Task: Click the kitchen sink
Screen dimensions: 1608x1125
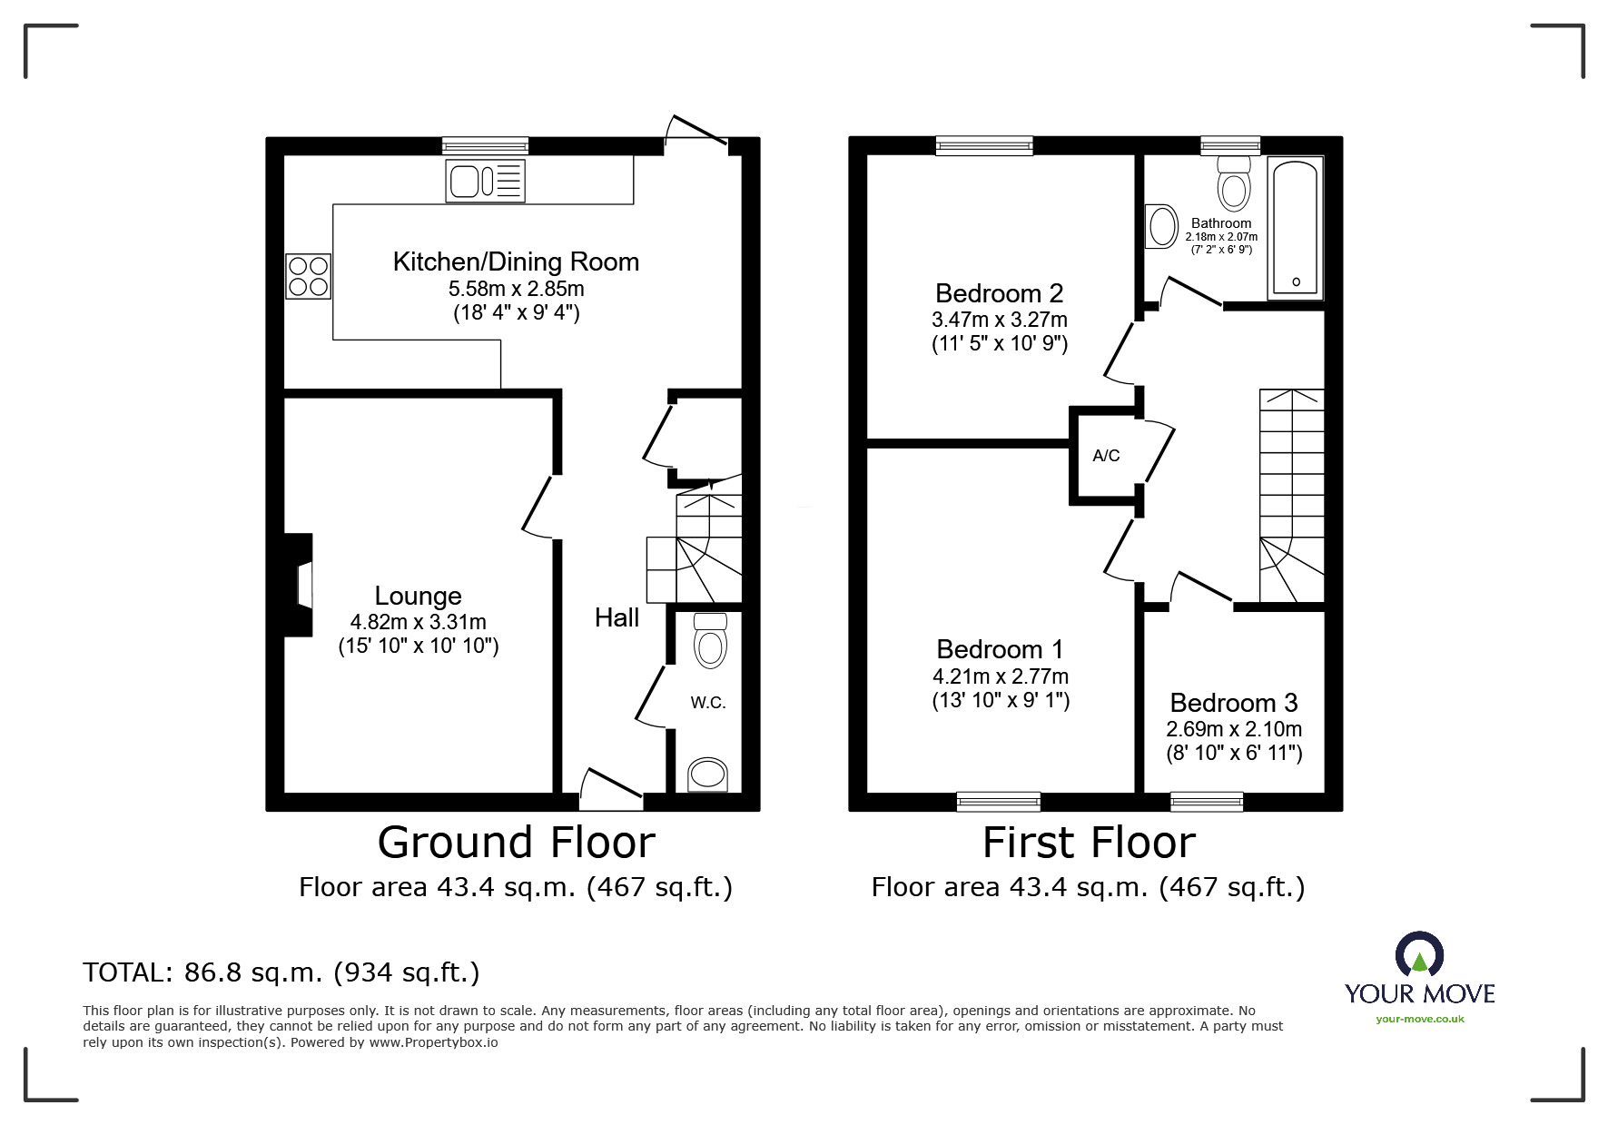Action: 485,181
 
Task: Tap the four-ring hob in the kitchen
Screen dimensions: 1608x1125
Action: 308,276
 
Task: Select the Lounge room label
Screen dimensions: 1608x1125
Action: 419,596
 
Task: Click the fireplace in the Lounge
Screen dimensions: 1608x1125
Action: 299,585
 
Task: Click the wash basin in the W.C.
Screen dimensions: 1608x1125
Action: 708,775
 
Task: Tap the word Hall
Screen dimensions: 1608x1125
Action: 617,617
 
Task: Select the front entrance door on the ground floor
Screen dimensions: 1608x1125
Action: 611,788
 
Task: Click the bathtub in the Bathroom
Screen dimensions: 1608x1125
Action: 1296,229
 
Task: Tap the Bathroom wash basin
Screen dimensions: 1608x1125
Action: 1162,226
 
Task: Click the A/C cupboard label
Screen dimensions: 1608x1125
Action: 1106,456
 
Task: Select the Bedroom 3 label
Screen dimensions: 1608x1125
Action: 1234,703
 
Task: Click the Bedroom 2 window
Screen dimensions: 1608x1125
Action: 984,145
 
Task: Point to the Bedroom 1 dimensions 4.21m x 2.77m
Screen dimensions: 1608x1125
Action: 1001,676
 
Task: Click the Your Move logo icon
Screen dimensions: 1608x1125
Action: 1419,955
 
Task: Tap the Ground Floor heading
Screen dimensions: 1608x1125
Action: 516,843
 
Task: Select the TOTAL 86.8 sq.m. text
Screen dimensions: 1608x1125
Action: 281,973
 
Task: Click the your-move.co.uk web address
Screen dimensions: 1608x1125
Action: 1420,1019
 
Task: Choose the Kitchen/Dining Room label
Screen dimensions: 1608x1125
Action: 516,262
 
